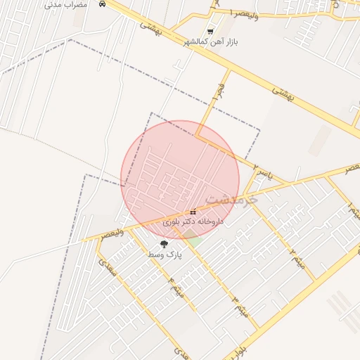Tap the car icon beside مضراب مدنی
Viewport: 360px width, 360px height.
[103, 4]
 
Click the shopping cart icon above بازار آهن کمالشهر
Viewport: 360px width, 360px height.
[210, 32]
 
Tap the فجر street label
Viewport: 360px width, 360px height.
[218, 92]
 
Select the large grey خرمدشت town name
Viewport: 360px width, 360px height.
[232, 200]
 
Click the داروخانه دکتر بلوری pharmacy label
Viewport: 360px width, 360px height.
[193, 221]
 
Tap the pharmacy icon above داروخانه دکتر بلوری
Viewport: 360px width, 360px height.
[193, 212]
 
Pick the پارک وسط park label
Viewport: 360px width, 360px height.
[165, 255]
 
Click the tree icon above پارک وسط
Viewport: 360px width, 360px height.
[165, 244]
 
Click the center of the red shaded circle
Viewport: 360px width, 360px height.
[180, 179]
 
